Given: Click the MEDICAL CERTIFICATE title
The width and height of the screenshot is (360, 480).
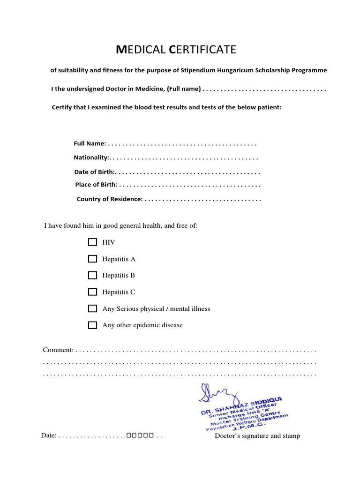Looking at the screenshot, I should pos(176,49).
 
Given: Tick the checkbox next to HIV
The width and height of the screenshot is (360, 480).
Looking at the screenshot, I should pos(93,242).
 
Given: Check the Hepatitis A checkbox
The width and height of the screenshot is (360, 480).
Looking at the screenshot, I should pos(93,259).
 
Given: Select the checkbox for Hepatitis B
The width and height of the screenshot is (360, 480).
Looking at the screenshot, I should pos(93,276).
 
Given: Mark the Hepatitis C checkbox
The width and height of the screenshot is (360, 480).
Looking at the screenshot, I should pos(93,292).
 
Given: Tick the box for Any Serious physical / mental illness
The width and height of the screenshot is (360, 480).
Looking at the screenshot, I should pos(93,309).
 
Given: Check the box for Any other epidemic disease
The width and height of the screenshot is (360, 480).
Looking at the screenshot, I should pos(93,325).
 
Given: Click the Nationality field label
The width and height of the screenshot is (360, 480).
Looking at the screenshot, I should pos(91,157).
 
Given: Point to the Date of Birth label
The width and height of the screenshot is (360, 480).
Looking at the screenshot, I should pos(94,172).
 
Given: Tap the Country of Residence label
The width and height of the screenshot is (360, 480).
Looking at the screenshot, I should pos(110,199).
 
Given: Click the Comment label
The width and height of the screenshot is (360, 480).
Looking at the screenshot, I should pos(58,350).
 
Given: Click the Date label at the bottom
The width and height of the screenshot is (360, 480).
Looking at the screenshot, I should pos(48,436).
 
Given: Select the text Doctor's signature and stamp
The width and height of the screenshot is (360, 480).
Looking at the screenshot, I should pos(257,436).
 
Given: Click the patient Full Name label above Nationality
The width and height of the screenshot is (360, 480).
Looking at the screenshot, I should pos(90,143).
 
